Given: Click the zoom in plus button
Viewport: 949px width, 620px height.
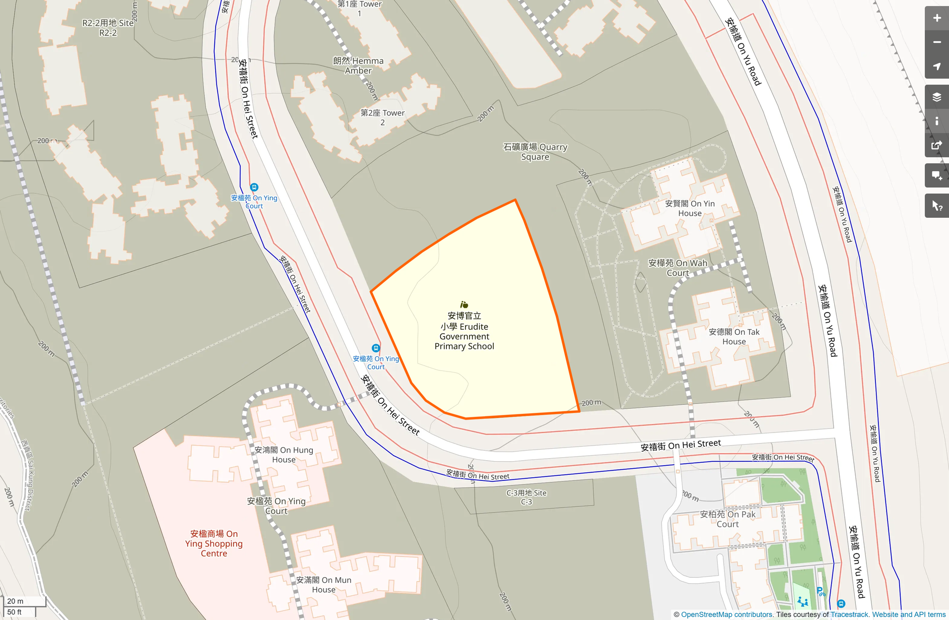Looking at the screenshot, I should (x=936, y=18).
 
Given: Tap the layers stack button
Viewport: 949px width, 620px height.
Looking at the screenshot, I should (x=936, y=97).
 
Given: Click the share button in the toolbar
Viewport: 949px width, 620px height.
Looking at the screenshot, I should (x=936, y=146).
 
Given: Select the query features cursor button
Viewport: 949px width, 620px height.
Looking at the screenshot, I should (x=936, y=206).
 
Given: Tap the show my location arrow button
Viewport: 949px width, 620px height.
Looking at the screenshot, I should (x=936, y=67).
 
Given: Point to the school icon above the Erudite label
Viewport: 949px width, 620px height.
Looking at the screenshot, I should (x=464, y=304).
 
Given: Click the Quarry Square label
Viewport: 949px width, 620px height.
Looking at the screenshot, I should (x=535, y=152).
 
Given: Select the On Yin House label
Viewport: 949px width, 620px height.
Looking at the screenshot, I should (x=690, y=208).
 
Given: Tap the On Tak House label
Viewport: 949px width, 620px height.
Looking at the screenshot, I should (x=734, y=337).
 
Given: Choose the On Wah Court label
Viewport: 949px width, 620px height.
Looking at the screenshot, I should (x=677, y=268).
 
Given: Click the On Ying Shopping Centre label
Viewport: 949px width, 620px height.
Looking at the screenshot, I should (x=214, y=543).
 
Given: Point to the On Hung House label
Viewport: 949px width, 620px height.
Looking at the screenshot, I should (x=284, y=455).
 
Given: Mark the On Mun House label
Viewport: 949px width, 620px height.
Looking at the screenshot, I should (x=323, y=585).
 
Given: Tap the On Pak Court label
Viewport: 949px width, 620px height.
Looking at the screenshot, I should (x=727, y=519).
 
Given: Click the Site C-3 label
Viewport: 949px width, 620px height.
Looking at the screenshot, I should (x=526, y=497).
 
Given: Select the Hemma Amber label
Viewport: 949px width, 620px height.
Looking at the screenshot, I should (x=358, y=66).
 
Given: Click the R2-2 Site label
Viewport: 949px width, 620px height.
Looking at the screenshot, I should (x=108, y=28).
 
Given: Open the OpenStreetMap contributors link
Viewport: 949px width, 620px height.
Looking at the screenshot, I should (x=726, y=614).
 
